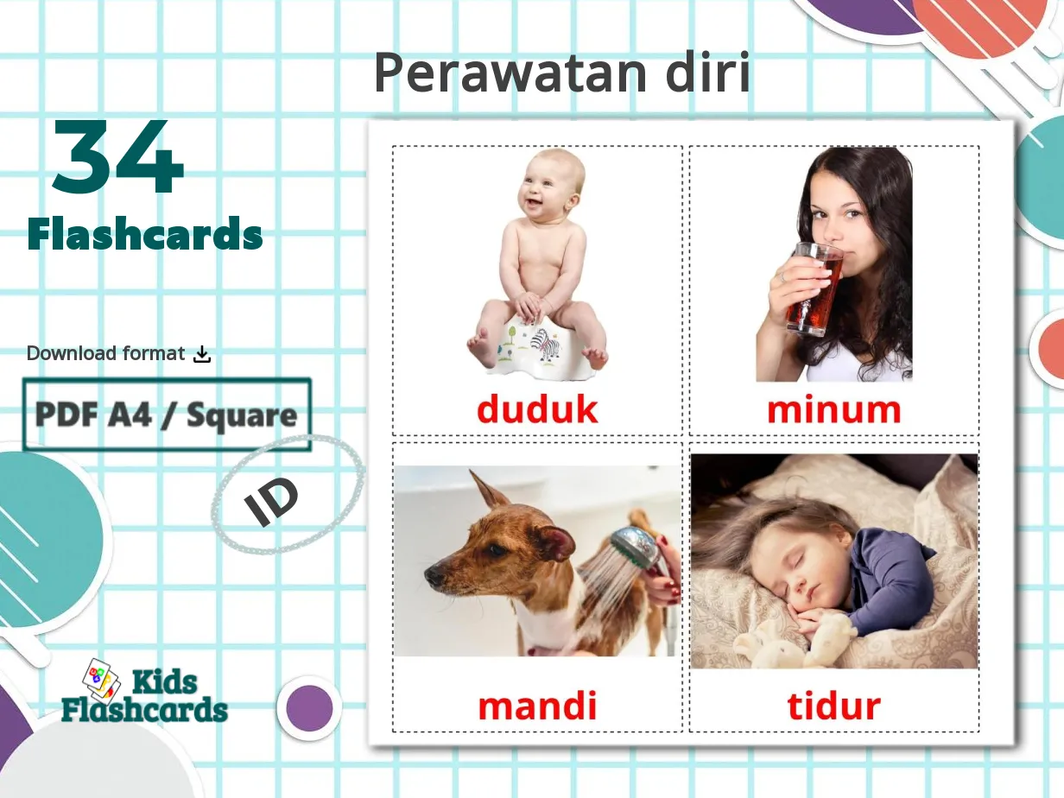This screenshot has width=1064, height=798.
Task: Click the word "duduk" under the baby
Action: [536, 409]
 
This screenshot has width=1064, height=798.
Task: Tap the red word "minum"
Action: [833, 409]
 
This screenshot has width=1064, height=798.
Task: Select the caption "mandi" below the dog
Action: [537, 706]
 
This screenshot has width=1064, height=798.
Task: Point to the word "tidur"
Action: [833, 706]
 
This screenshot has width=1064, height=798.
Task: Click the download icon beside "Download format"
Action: [202, 353]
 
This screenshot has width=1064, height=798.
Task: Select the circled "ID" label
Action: [272, 501]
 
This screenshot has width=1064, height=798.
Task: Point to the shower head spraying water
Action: [636, 548]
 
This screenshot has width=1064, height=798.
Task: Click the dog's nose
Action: [430, 576]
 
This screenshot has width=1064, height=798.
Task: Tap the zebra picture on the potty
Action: [544, 344]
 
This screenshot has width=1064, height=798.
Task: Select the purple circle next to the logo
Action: [309, 708]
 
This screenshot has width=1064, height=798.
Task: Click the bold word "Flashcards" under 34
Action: [145, 234]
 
